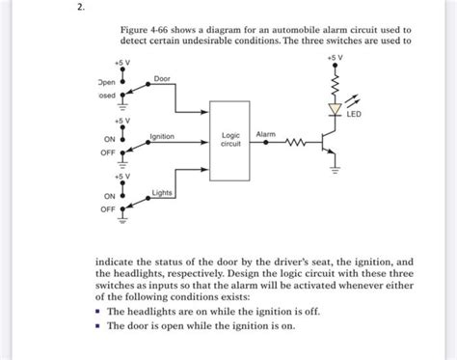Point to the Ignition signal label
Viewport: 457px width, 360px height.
pyautogui.click(x=162, y=136)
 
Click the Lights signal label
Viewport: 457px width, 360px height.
pyautogui.click(x=162, y=193)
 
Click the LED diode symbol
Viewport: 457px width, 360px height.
pyautogui.click(x=335, y=111)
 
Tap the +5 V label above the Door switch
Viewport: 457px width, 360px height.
pyautogui.click(x=122, y=62)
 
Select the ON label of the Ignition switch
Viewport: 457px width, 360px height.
pyautogui.click(x=110, y=139)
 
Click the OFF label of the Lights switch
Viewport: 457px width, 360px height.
pyautogui.click(x=108, y=208)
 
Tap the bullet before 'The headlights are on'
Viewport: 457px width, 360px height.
pyautogui.click(x=98, y=313)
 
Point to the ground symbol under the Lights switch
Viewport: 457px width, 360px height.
pyautogui.click(x=122, y=219)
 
